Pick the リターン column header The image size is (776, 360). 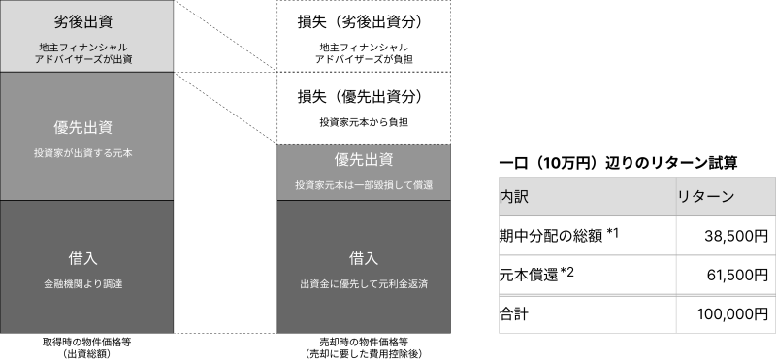[705, 197]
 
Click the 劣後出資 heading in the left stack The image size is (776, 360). [85, 21]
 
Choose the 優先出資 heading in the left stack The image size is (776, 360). [85, 128]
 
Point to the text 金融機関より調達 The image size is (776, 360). [85, 284]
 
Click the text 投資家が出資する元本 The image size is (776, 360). [85, 153]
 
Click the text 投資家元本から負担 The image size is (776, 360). [363, 122]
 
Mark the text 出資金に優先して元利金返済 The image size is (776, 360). [363, 284]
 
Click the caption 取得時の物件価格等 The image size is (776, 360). [85, 343]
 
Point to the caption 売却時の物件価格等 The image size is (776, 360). [363, 343]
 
